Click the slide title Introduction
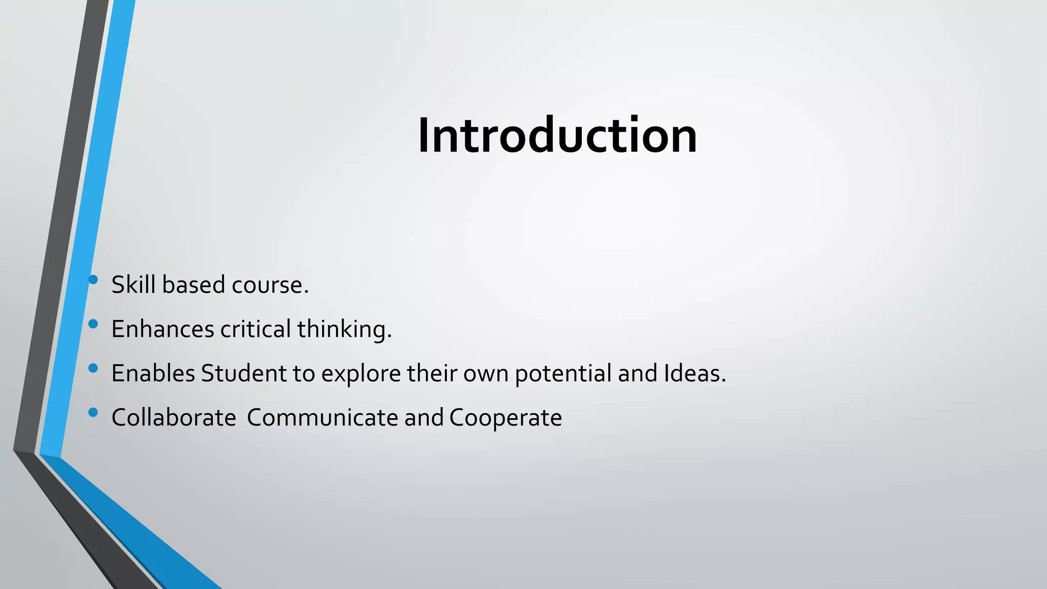557,135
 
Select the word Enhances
163,329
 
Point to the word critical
256,329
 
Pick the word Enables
153,373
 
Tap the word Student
244,373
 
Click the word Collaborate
173,418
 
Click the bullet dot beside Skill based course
93,279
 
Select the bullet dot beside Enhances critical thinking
93,324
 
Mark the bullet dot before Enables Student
93,368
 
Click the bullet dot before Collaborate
93,412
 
